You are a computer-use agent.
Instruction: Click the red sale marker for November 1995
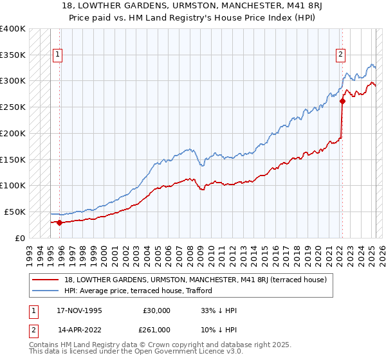coord(59,222)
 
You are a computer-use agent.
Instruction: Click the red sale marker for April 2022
coord(343,100)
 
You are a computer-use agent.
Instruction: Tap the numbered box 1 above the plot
coord(58,55)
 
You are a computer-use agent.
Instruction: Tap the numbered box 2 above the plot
coord(340,55)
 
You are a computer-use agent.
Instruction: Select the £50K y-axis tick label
coord(15,212)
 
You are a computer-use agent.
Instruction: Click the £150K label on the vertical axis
coord(12,159)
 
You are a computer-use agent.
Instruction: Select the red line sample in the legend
coord(46,280)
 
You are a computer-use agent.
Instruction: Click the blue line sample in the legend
coord(46,291)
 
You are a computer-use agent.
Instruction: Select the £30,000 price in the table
coord(156,310)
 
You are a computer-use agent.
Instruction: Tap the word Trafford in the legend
coord(198,291)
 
